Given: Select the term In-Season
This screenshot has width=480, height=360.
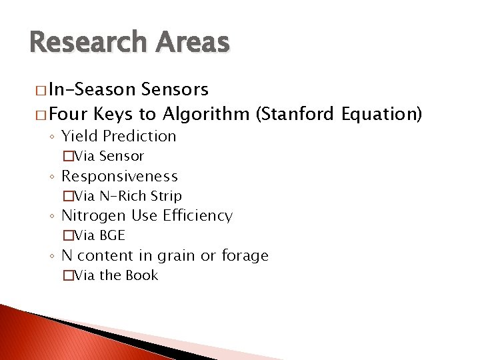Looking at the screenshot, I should point(89,89).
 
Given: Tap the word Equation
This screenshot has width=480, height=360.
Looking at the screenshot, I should point(381,114).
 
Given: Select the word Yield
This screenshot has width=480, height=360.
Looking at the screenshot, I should point(78,136).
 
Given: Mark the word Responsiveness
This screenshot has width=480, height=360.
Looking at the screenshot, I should point(119,177).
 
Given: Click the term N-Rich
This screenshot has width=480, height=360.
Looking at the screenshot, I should point(123,196).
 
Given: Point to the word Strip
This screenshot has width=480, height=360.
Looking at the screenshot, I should point(166,196).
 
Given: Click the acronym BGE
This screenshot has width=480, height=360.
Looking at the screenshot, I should point(112,235).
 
